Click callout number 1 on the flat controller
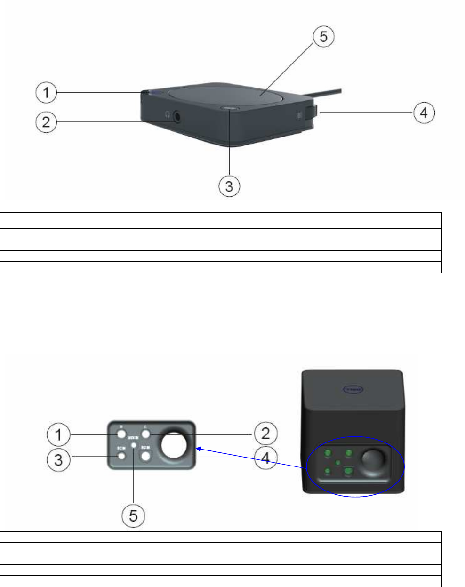coord(46,93)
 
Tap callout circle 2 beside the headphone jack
coord(46,122)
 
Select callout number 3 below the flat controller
coord(229,186)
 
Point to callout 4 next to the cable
coord(424,113)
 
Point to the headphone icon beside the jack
coord(167,114)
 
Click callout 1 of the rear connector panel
coord(59,434)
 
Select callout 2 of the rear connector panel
coord(265,433)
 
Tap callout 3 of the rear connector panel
coord(59,459)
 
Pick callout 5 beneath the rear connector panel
coord(134,516)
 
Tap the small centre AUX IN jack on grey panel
coord(135,445)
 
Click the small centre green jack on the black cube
coord(338,463)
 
